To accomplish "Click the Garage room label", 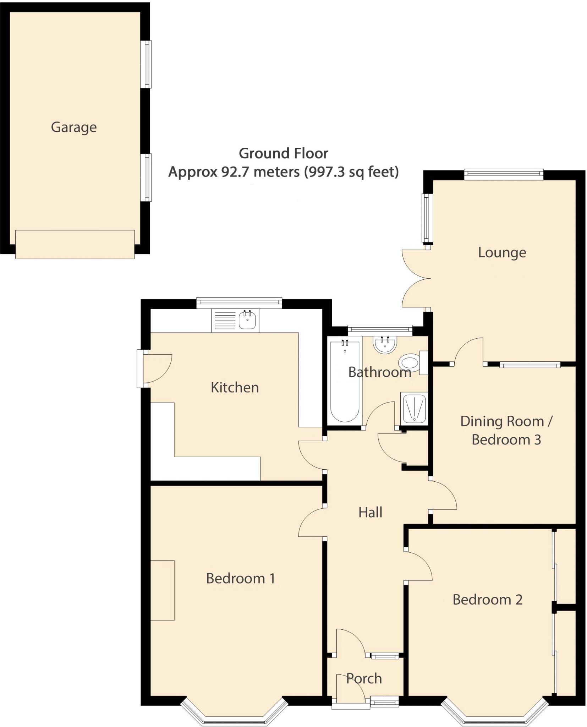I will pos(74,127).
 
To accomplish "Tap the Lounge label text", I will pos(501,252).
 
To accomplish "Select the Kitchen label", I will pos(235,387).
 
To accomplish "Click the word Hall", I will pos(370,512).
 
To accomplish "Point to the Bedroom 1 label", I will pos(240,578).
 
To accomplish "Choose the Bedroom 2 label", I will pos(487,600).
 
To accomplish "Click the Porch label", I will pos(364,678).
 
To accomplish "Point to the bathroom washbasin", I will pos(385,344).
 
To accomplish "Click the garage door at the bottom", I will pos(75,244).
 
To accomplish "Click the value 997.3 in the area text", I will pos(324,172).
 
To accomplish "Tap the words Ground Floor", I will pos(283,153).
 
